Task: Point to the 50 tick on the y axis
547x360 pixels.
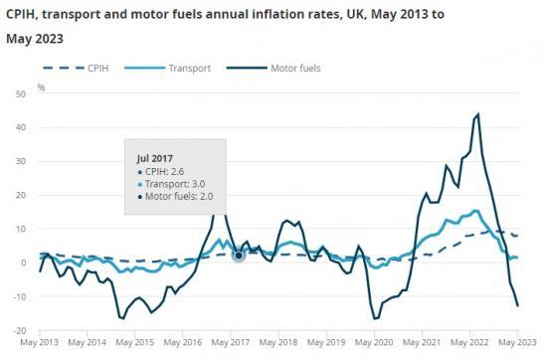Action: point(20,93)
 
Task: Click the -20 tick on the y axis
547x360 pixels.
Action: point(19,330)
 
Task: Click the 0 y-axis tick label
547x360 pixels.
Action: point(22,263)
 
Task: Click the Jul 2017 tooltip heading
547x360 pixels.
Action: point(154,157)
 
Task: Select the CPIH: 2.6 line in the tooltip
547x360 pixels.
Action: point(164,171)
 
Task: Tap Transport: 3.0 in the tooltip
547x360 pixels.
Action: point(171,184)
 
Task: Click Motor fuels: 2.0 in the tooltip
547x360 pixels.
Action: point(177,197)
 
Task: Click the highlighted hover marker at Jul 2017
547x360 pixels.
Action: point(239,256)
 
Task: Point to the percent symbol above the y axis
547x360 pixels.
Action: point(41,87)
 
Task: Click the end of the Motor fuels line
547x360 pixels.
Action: point(517,305)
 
